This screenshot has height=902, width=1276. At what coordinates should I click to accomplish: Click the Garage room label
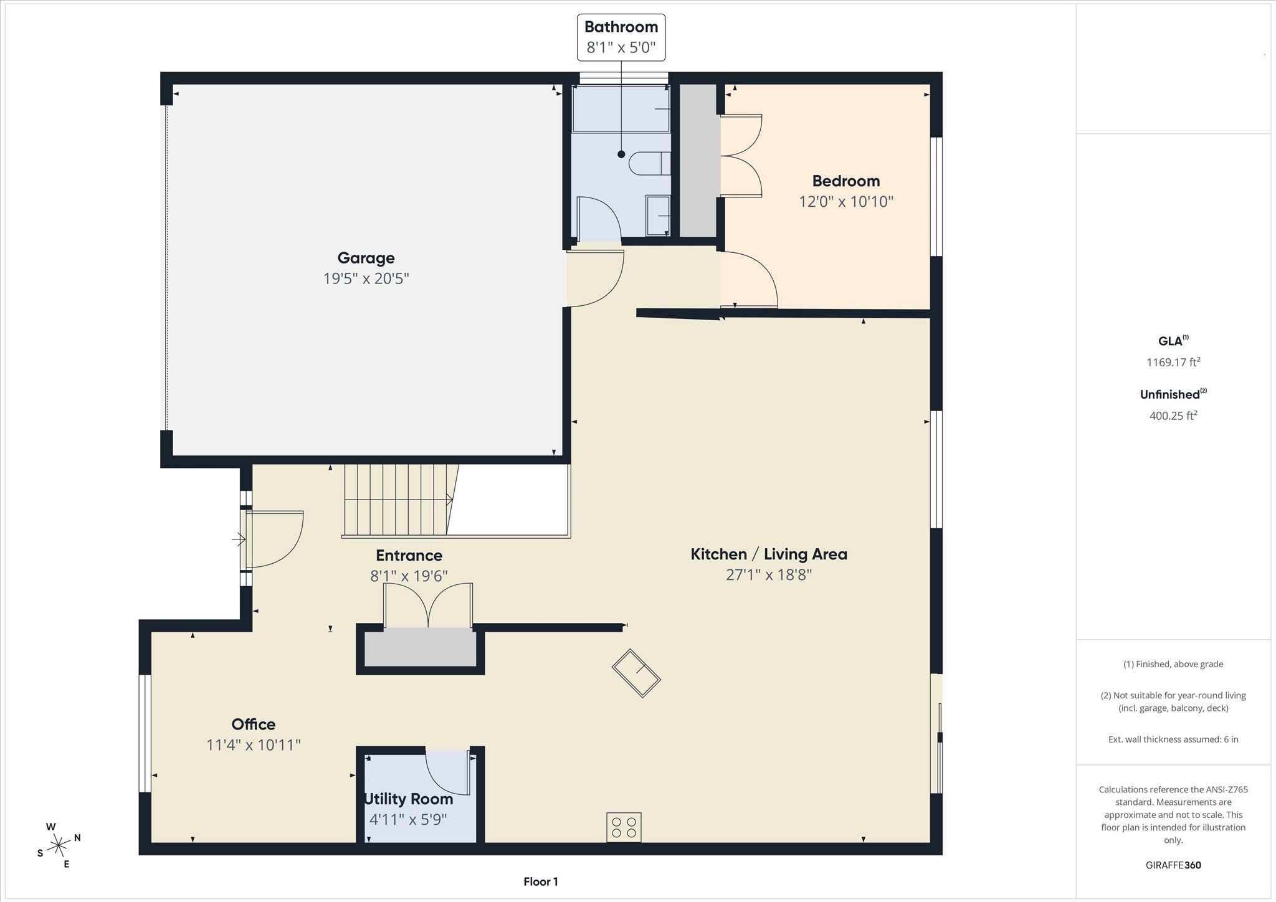pos(366,258)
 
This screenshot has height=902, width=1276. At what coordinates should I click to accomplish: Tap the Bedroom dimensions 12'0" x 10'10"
pos(846,202)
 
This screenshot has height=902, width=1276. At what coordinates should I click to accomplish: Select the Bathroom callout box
pos(621,37)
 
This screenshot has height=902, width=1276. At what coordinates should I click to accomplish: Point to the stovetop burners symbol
pos(624,827)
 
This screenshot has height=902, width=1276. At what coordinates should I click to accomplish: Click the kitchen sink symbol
pos(636,673)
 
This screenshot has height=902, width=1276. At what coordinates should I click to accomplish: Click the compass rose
pos(59,845)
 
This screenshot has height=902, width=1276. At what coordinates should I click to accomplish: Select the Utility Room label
pos(409,799)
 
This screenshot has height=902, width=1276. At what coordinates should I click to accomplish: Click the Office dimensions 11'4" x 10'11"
pos(254,745)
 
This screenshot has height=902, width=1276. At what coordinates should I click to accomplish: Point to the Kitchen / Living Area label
pos(769,554)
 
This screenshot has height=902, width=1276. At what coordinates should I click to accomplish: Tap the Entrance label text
pos(409,556)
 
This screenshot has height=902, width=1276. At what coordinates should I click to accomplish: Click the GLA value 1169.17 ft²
pos(1173,362)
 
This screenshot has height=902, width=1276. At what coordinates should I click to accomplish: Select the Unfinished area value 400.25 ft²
pos(1173,415)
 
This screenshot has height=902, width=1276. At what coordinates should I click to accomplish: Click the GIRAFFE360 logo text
pos(1173,865)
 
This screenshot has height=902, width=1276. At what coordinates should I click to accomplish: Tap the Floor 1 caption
pos(540,881)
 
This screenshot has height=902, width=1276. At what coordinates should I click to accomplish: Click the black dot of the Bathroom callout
pos(621,154)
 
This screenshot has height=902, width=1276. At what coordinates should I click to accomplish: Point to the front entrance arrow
pos(239,539)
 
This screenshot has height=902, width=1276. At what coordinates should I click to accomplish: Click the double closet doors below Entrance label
pos(427,605)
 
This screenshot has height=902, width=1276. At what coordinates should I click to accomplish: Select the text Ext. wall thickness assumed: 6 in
pos(1173,739)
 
